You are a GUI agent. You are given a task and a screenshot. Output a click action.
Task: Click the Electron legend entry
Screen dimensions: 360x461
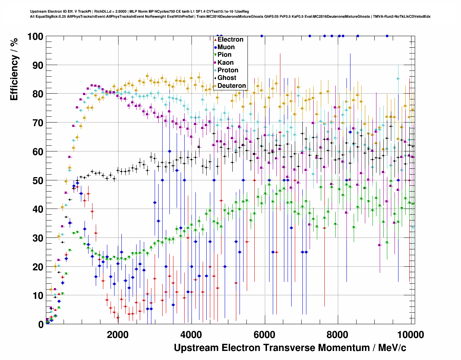(x=230, y=39)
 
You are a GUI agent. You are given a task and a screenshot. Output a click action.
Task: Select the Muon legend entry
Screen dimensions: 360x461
(x=226, y=47)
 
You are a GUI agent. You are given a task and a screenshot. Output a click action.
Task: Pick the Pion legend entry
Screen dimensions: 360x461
(x=224, y=55)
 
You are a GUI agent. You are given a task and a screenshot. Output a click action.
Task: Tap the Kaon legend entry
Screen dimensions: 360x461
(x=225, y=63)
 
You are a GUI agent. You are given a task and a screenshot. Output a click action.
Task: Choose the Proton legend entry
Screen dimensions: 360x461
(x=228, y=70)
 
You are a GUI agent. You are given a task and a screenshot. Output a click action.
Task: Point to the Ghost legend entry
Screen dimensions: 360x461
(x=227, y=78)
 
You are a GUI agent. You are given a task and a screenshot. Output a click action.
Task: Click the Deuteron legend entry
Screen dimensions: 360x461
(x=232, y=86)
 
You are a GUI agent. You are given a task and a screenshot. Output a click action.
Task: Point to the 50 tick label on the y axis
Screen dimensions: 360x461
(x=38, y=180)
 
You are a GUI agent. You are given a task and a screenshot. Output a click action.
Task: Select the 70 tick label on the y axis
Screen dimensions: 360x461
(x=38, y=123)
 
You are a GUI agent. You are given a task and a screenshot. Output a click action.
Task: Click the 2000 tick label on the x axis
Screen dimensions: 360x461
(x=118, y=335)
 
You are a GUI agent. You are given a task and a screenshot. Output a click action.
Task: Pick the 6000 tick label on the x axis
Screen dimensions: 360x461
(x=265, y=335)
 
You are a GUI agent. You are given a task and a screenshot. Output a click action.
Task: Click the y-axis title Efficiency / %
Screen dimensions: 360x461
(x=14, y=69)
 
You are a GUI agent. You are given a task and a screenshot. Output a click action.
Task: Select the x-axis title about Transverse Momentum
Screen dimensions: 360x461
(x=290, y=348)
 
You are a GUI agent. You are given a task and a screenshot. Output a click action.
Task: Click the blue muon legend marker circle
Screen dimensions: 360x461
(x=215, y=47)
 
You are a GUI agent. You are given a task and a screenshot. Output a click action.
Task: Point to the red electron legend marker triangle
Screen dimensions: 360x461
(x=215, y=40)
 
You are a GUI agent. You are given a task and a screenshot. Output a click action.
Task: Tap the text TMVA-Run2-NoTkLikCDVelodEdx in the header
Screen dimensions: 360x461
(x=401, y=16)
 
